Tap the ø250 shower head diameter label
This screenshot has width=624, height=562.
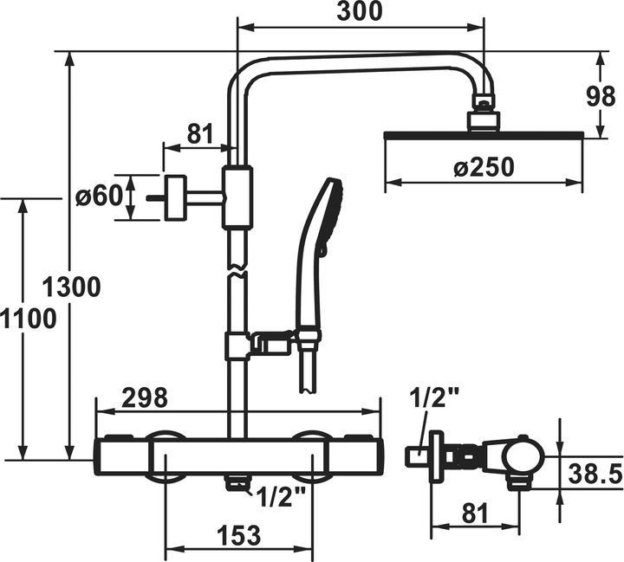[x=483, y=167]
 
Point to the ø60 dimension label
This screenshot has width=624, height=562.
[x=98, y=197]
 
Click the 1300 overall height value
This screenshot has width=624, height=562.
[x=72, y=286]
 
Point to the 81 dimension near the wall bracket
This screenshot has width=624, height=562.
[x=199, y=133]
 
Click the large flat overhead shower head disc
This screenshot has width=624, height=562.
[x=483, y=134]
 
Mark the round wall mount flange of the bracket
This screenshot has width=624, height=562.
[x=176, y=197]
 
